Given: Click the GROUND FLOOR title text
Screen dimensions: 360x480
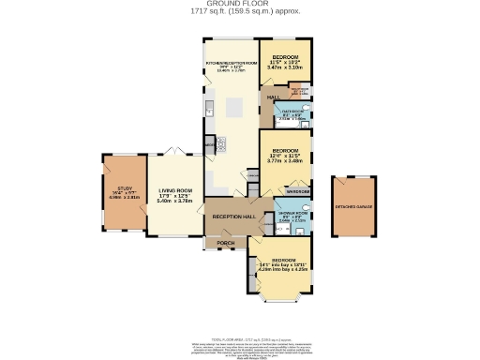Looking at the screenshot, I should pos(240,5).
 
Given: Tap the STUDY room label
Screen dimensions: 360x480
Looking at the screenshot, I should pos(115,188).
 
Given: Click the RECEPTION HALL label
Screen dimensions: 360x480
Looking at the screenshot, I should pos(232,217).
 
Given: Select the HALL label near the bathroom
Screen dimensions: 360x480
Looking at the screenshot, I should pos(273,97).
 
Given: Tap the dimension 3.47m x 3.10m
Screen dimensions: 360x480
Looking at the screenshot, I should pos(285,68).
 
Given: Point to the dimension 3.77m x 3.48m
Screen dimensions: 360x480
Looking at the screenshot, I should pos(285,161).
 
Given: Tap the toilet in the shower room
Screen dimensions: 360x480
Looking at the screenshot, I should pos(307,209).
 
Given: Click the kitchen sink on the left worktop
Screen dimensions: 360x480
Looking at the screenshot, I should pos(209,105).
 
